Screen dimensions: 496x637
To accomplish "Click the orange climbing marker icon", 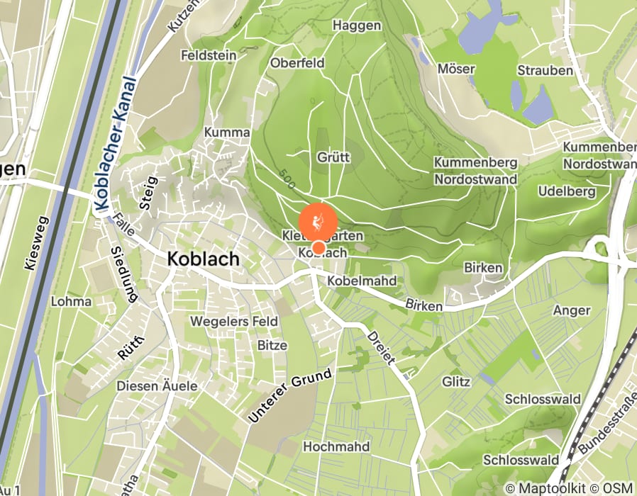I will click(318, 222).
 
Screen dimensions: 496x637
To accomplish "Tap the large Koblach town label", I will click(204, 260).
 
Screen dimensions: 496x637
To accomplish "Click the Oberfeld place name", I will click(297, 62).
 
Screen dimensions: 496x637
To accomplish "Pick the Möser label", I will click(455, 69).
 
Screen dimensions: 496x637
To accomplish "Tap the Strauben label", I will click(545, 70).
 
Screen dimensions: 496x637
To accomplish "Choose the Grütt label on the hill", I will click(333, 157).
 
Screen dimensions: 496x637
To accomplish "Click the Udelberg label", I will click(566, 192).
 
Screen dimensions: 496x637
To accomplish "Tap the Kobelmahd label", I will click(362, 281).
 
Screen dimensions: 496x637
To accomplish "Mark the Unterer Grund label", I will click(289, 396).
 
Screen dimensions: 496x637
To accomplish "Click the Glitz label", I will click(455, 382).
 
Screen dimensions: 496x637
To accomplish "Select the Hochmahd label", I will click(336, 446).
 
